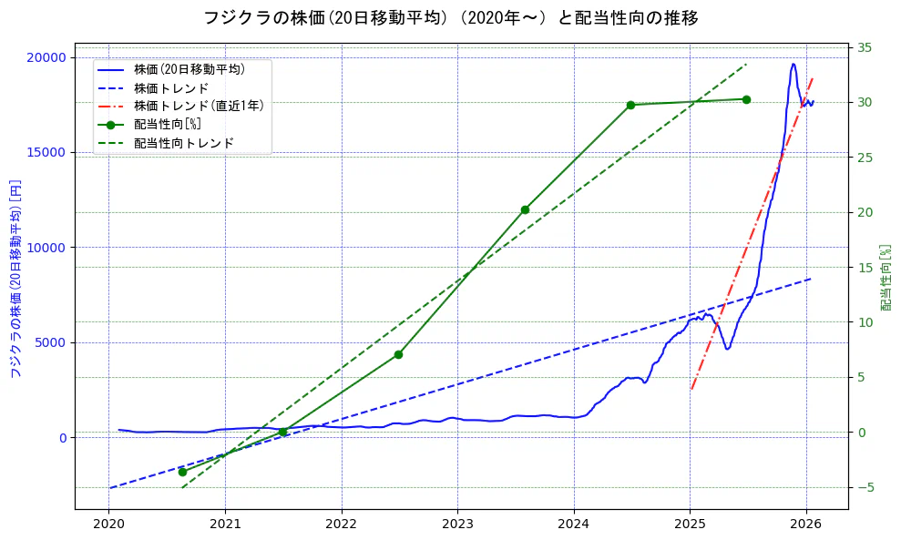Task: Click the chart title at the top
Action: (450, 18)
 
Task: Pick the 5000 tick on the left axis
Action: (51, 342)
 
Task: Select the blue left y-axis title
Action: (15, 280)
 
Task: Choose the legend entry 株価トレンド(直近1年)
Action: (199, 107)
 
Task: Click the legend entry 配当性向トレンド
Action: (183, 143)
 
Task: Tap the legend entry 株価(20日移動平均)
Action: (189, 69)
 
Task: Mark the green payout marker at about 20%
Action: (525, 209)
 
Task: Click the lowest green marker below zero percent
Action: (182, 472)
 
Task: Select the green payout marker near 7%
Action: (398, 354)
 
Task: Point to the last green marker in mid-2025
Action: (746, 99)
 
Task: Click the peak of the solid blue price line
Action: (793, 64)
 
